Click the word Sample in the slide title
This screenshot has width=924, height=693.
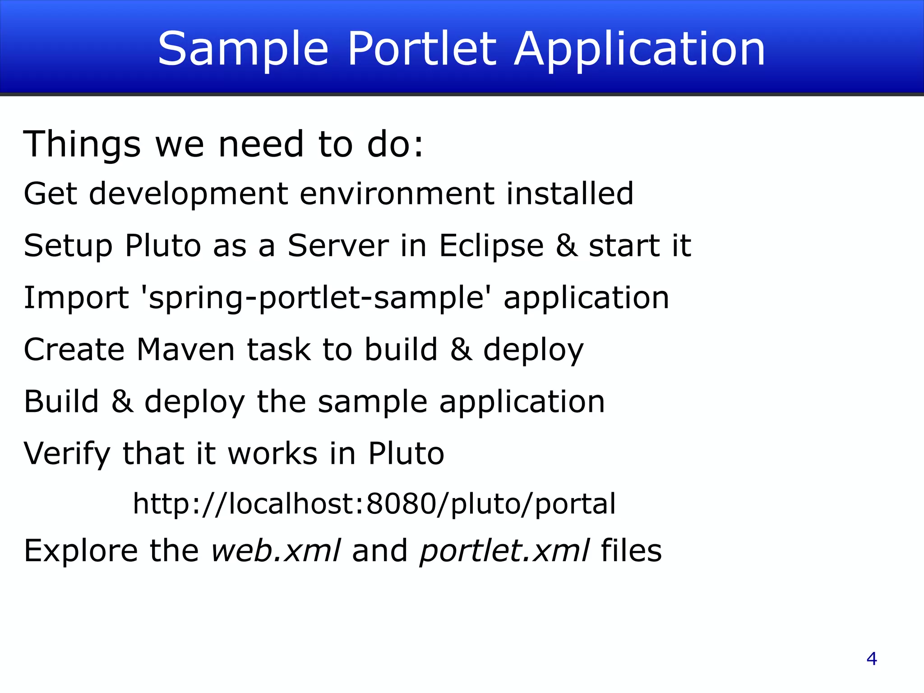(x=243, y=50)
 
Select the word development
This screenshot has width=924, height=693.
(x=189, y=194)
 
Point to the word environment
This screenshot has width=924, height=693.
(x=397, y=194)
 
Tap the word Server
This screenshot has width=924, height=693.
(x=338, y=246)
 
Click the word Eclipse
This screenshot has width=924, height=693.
(x=491, y=246)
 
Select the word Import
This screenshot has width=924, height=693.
(x=76, y=298)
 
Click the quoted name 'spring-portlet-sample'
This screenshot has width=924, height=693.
(x=316, y=298)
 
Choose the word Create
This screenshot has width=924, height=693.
(x=74, y=350)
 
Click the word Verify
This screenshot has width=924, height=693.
(x=67, y=454)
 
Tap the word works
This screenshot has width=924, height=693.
(x=273, y=453)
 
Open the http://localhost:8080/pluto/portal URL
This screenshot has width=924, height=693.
(x=374, y=504)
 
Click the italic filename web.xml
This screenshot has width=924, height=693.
(x=276, y=551)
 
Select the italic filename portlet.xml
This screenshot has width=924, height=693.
(x=504, y=551)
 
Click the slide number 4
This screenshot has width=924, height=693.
(x=872, y=659)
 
